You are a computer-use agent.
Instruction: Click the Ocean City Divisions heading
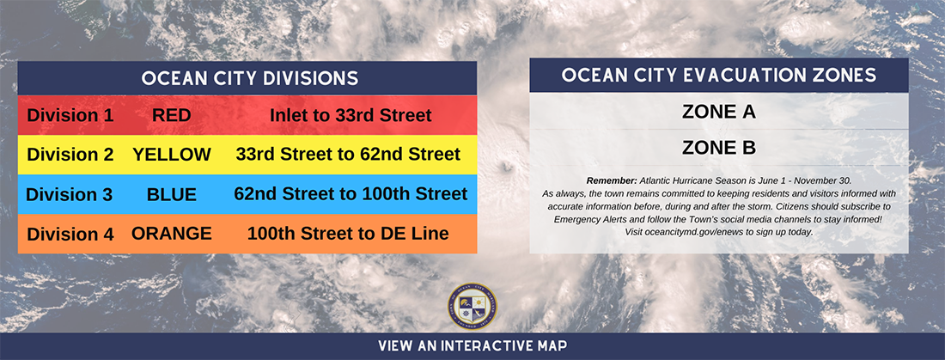tap(249, 78)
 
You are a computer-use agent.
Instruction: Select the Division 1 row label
tap(70, 115)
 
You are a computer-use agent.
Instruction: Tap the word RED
tap(172, 115)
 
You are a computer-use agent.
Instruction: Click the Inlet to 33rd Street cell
tap(351, 115)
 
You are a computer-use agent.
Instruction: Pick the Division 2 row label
tap(70, 155)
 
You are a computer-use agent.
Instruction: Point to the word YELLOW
tap(172, 155)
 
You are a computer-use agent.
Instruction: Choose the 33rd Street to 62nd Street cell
tap(348, 155)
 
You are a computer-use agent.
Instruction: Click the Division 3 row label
tap(70, 195)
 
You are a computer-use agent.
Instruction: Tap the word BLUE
tap(172, 195)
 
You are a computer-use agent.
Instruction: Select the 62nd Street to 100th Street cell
tap(351, 194)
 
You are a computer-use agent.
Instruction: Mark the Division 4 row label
tap(70, 234)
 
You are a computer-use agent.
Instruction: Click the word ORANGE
tap(172, 234)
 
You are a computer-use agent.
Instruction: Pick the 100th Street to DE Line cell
tap(348, 234)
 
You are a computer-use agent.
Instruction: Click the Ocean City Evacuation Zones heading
tap(719, 76)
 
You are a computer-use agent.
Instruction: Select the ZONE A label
tap(719, 112)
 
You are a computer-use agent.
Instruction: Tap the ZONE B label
tap(719, 148)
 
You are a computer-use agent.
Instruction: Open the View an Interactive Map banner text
tap(472, 346)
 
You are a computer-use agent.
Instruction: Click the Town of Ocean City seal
tap(472, 307)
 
